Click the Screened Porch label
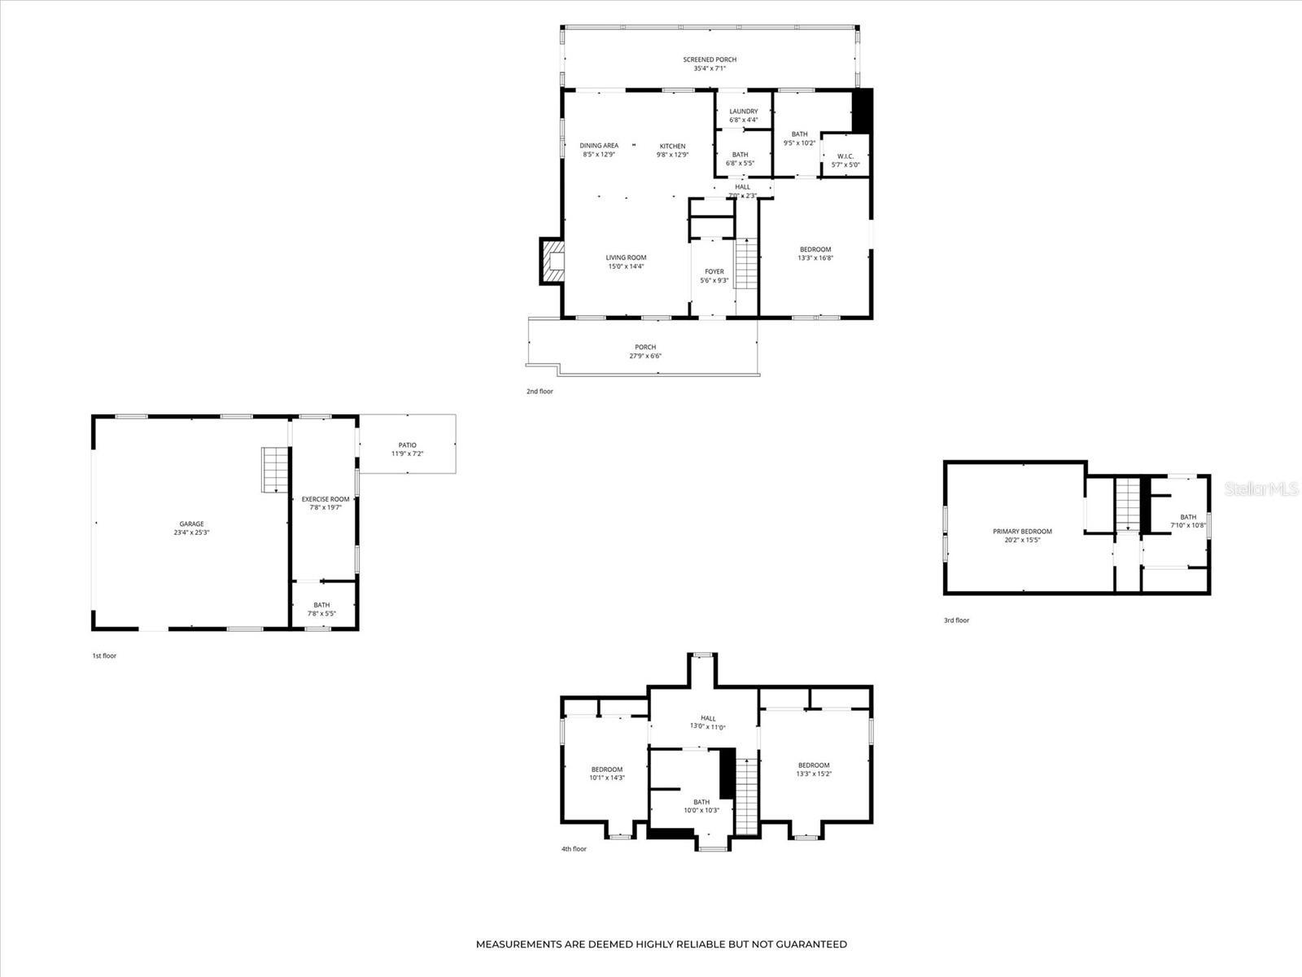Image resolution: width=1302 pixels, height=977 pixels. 710,59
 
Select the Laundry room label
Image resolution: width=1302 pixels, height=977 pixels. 743,112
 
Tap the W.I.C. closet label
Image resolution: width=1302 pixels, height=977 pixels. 845,156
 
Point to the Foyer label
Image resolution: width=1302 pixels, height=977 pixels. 714,272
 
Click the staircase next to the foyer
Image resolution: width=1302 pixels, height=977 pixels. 746,264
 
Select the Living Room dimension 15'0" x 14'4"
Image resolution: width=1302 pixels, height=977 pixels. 626,266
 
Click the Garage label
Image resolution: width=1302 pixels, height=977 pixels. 192,524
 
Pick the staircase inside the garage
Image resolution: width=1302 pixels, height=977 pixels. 275,470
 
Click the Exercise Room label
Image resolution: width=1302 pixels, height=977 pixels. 325,499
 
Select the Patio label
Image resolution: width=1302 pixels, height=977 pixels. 408,445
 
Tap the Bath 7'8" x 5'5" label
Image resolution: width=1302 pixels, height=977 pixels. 322,605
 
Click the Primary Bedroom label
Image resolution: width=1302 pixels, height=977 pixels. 1022,532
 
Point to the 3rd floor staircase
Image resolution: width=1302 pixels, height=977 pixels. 1127,505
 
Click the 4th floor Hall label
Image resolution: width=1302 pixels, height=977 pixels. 708,718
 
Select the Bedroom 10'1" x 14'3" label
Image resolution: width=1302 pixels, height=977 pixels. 607,769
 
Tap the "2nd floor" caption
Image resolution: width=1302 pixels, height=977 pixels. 540,392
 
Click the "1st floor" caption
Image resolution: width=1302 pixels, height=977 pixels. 104,655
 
